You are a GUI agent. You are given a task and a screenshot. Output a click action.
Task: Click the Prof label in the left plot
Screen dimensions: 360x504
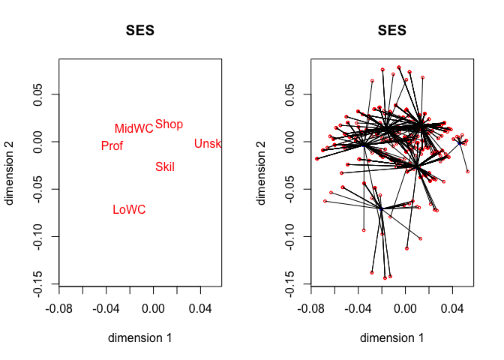(112, 146)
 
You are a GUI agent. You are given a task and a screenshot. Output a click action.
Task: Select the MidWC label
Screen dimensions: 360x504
(133, 129)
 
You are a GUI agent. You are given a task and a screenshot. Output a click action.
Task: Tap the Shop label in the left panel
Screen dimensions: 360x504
(169, 124)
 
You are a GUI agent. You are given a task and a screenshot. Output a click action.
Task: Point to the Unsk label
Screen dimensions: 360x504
(208, 144)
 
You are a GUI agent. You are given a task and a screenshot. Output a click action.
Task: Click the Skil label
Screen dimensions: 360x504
(165, 167)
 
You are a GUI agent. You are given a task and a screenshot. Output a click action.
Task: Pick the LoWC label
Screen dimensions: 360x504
(129, 210)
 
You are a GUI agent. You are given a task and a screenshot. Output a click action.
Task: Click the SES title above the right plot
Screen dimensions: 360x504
(391, 31)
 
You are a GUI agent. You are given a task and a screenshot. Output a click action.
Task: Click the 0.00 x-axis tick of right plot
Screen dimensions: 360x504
(405, 307)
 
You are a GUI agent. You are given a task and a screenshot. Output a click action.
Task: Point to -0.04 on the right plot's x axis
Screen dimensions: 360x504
(358, 307)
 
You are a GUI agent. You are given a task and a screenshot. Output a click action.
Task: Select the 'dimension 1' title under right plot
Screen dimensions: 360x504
(391, 338)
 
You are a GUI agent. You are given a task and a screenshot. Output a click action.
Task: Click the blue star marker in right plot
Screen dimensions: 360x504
(460, 142)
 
